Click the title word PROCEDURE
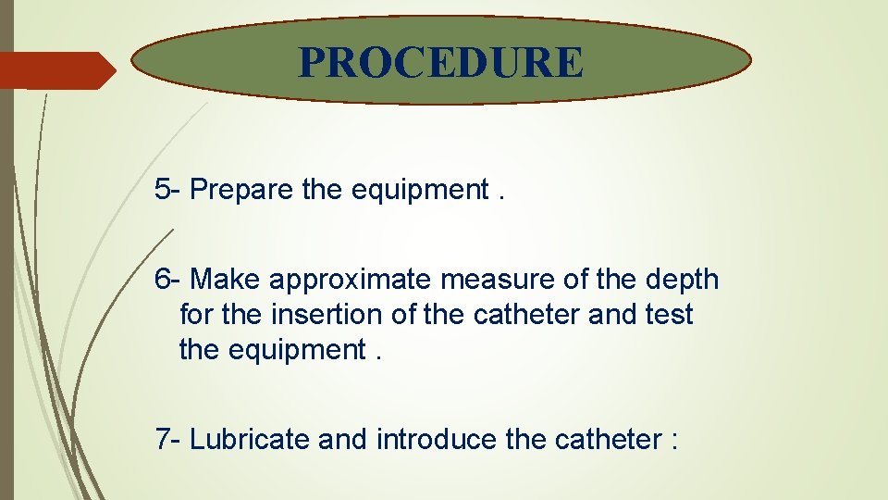tap(441, 63)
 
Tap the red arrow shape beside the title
tap(55, 70)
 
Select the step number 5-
tap(168, 190)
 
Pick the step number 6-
tap(168, 279)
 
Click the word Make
tap(227, 279)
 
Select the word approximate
tap(351, 279)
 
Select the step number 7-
tap(168, 439)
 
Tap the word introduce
tap(436, 439)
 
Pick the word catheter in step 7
tap(607, 439)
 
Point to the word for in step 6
tap(196, 315)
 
